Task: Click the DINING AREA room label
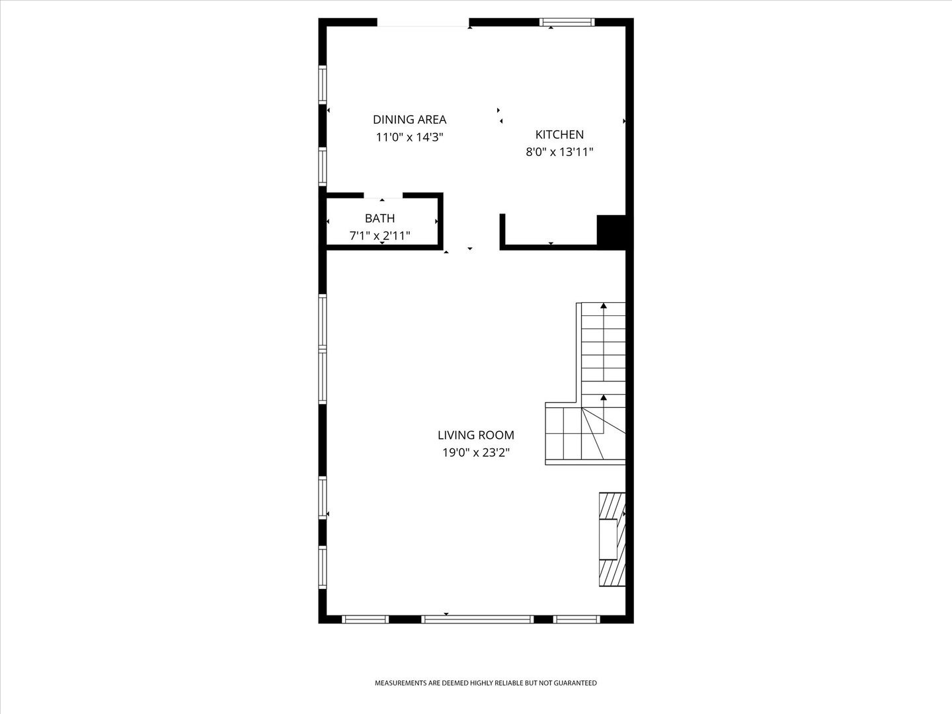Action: point(409,119)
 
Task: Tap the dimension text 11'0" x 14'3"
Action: point(409,137)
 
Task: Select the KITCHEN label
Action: point(559,134)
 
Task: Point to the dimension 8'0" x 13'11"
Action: point(559,152)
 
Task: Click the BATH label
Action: point(379,218)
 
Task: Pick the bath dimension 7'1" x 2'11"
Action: point(379,235)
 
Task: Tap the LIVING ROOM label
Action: point(476,435)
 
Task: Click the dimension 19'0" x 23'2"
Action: point(476,453)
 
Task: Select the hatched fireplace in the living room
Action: point(612,539)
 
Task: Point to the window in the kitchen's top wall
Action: point(567,22)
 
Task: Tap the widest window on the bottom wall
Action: point(477,619)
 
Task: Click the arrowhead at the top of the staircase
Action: point(604,305)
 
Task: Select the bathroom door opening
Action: point(383,196)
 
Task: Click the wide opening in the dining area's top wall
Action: point(423,22)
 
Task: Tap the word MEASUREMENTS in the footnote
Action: point(401,683)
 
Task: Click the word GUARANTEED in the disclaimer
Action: point(575,683)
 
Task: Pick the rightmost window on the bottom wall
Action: point(576,619)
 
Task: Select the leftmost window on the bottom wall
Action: point(365,619)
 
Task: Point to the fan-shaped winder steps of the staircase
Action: point(603,434)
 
